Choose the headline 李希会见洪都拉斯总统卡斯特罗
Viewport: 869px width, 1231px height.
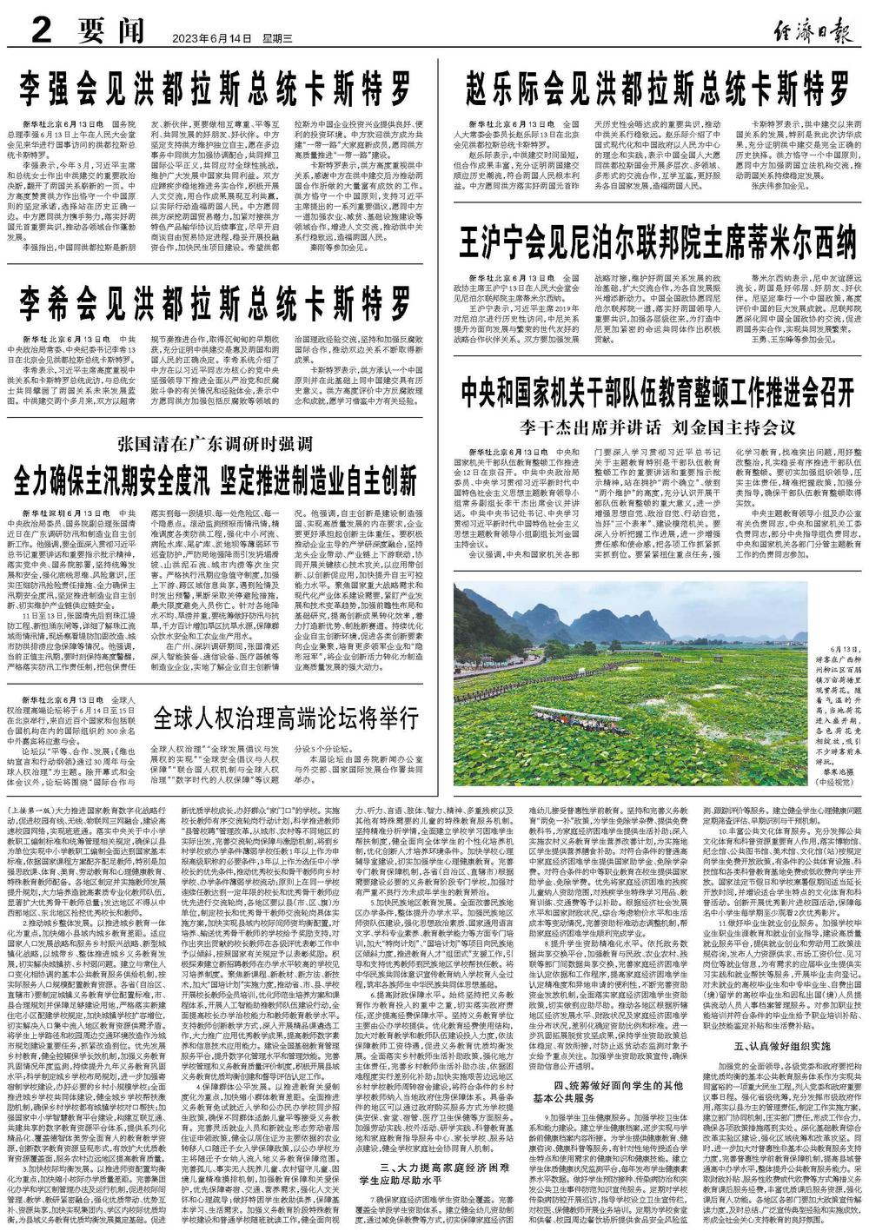tap(216, 303)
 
